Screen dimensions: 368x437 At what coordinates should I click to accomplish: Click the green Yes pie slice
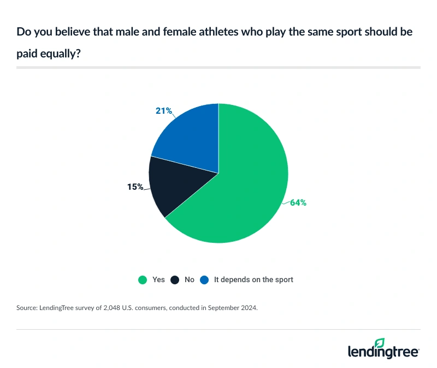pyautogui.click(x=240, y=191)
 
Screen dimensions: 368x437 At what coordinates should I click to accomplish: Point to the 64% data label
pyautogui.click(x=298, y=202)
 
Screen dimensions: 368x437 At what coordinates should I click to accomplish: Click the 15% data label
pyautogui.click(x=135, y=187)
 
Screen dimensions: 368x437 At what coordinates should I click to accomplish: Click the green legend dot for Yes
pyautogui.click(x=143, y=280)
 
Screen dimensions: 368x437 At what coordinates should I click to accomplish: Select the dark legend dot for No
pyautogui.click(x=175, y=280)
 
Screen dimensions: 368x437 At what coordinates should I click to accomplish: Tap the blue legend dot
pyautogui.click(x=205, y=280)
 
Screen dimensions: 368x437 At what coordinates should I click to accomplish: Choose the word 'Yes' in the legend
pyautogui.click(x=158, y=279)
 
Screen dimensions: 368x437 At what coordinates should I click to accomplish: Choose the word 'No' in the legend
pyautogui.click(x=190, y=279)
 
